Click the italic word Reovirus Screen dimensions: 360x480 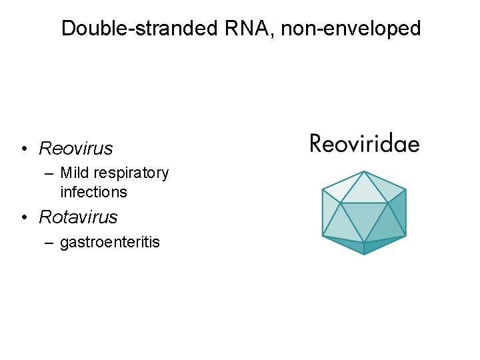tap(76, 148)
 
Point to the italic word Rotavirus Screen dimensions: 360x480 tap(78, 217)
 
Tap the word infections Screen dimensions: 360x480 tap(93, 192)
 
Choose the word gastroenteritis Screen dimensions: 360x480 tap(110, 242)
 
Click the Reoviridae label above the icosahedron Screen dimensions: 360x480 tap(364, 144)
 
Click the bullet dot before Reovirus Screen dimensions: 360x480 tap(23, 149)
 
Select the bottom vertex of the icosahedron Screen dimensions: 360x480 tap(364, 255)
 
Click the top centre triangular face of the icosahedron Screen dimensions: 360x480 tap(364, 190)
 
